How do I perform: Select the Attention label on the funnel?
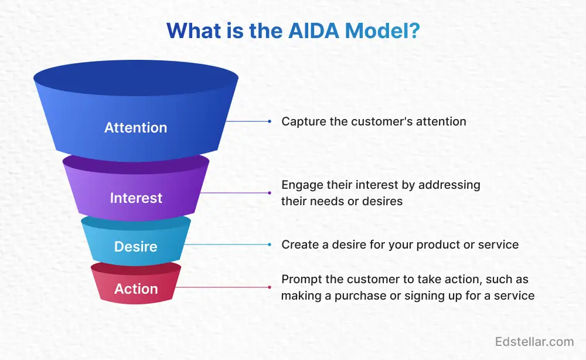(x=135, y=127)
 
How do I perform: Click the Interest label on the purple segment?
(x=135, y=198)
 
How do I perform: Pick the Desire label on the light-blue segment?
(x=135, y=247)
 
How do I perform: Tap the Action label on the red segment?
(x=135, y=289)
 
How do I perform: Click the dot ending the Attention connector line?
(x=270, y=121)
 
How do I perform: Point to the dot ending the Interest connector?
(x=270, y=193)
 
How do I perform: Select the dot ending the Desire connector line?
(x=270, y=244)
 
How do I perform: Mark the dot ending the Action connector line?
(x=270, y=287)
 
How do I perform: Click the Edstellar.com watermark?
(x=534, y=341)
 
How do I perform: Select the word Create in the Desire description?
(x=299, y=244)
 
